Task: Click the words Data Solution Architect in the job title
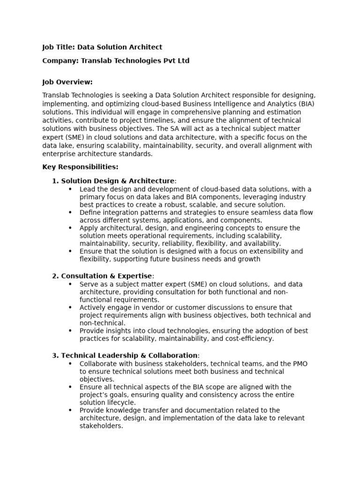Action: (x=120, y=47)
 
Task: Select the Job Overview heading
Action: (x=67, y=82)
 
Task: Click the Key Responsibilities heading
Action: (x=80, y=167)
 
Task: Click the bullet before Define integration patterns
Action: (x=70, y=212)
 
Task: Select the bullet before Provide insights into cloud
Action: (x=70, y=331)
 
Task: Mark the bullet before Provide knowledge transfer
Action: (x=70, y=410)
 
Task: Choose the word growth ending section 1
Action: (x=249, y=259)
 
